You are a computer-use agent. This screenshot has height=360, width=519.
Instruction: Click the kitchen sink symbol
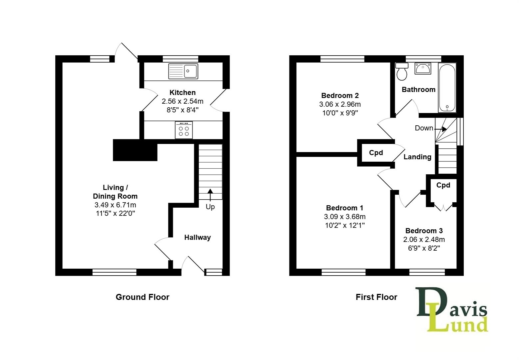(x=183, y=71)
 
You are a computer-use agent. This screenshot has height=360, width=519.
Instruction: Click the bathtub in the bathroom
(x=447, y=88)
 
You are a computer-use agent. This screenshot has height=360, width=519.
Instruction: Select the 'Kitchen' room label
(x=183, y=93)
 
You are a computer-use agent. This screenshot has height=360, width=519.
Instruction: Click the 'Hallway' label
(x=198, y=237)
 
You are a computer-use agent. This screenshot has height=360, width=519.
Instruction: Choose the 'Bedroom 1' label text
(x=345, y=208)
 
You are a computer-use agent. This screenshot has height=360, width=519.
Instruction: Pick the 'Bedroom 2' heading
(x=340, y=96)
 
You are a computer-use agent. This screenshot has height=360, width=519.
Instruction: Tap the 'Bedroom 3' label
(x=424, y=231)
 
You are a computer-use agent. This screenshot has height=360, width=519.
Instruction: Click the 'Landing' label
(x=417, y=157)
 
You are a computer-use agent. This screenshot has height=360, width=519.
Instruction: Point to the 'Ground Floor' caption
(x=142, y=297)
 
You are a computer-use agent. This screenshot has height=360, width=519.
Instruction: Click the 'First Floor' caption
(x=376, y=297)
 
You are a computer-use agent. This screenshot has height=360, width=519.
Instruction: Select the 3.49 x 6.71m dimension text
(x=115, y=205)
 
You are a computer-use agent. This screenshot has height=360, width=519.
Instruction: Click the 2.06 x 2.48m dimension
(x=424, y=239)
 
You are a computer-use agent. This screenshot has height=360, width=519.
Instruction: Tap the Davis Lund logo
(x=452, y=310)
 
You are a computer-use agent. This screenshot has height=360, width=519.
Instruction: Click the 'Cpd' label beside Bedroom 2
(x=376, y=153)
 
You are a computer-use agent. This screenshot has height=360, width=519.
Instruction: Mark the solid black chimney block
(x=135, y=150)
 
